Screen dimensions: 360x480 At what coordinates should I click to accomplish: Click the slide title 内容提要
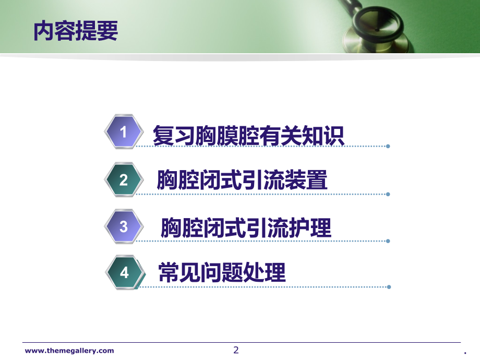(x=76, y=30)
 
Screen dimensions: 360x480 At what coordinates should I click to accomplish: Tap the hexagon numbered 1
(x=124, y=132)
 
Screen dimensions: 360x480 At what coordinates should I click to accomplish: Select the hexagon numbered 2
(x=124, y=180)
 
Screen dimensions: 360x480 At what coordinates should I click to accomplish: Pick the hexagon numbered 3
(x=124, y=226)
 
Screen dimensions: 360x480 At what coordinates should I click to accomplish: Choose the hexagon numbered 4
(x=124, y=272)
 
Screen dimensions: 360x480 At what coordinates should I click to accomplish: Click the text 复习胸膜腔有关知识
(x=248, y=135)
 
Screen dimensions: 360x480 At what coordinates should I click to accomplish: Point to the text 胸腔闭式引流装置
(x=242, y=181)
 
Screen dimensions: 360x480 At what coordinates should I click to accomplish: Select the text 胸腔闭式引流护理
(x=246, y=227)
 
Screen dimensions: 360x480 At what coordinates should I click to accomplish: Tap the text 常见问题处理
(x=222, y=272)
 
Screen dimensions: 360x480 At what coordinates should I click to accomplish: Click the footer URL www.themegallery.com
(x=69, y=351)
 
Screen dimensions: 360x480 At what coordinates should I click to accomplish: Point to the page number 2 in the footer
(x=236, y=350)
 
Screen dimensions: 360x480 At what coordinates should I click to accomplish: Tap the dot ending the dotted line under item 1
(x=388, y=146)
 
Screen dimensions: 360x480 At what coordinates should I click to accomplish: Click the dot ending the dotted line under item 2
(x=388, y=194)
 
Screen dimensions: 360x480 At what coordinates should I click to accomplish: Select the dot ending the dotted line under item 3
(x=388, y=241)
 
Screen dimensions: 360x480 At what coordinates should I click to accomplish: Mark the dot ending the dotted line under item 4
(x=388, y=286)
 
